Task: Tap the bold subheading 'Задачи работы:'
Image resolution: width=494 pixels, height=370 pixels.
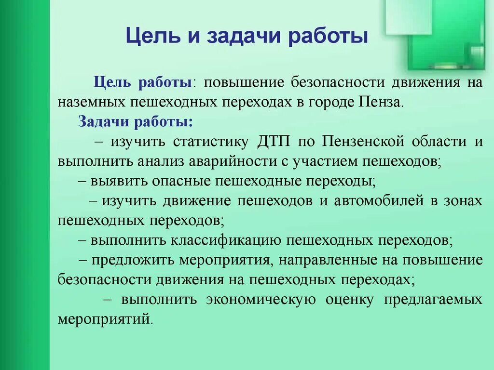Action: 136,121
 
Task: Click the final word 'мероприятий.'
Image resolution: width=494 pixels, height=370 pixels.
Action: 105,319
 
